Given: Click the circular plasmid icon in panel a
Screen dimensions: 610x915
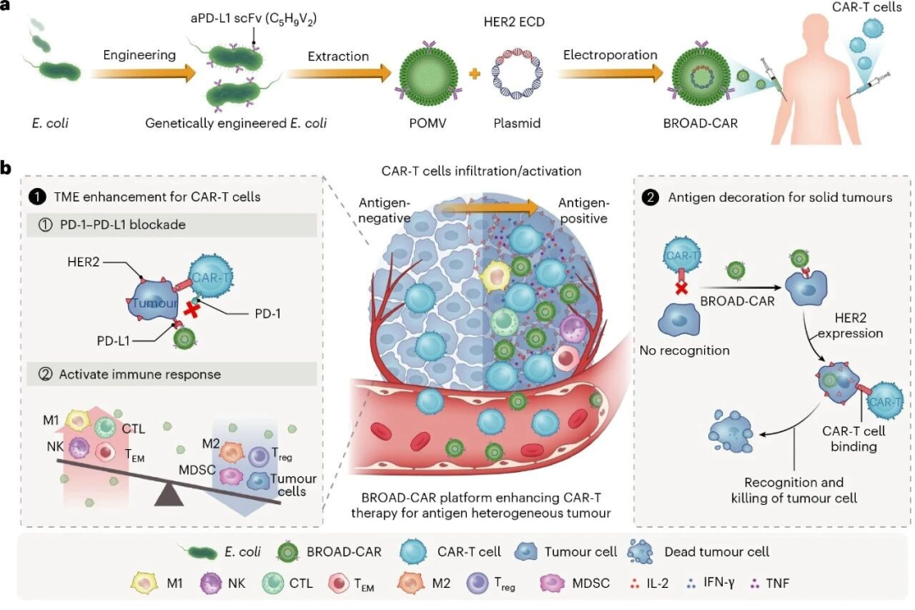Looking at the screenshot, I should pyautogui.click(x=517, y=78).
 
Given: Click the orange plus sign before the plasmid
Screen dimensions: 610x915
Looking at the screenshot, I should pyautogui.click(x=474, y=76).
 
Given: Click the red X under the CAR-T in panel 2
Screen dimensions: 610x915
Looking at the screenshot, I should pyautogui.click(x=680, y=290).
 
